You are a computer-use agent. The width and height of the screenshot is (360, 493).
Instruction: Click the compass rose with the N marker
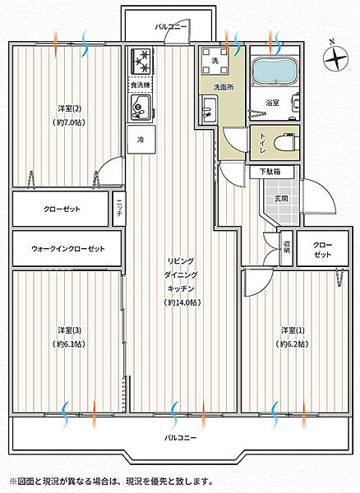coord(336,58)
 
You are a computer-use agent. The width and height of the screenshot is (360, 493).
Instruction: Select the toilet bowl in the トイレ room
coord(285,143)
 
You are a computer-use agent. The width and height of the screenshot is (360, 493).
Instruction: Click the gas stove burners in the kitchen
coord(141,62)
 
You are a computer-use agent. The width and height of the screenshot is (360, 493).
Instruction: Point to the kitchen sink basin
coord(141,107)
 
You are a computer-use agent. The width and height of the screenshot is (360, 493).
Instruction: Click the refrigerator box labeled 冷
coord(141,140)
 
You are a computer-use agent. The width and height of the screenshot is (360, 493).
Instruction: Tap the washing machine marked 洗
coord(215,61)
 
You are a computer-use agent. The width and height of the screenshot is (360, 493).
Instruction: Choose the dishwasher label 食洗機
coord(141,85)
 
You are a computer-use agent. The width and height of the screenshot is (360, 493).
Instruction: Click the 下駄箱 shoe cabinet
coord(272,172)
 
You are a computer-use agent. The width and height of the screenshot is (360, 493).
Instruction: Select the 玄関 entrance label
coord(281,199)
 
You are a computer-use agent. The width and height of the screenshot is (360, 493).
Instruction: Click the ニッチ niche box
coord(119,209)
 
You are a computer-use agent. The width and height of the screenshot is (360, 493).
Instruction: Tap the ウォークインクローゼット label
coord(68,249)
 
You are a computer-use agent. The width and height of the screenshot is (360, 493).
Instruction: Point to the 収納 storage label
coord(286,247)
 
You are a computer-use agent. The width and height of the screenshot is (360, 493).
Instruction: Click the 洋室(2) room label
coord(70,108)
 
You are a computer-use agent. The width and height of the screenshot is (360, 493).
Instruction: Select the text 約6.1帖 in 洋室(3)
coord(69,344)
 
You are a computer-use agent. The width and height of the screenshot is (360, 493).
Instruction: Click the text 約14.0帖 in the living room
coord(181,302)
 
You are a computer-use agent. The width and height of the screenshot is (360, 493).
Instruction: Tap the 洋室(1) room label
coord(293,330)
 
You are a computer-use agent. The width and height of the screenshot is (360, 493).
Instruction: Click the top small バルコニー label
coord(171,27)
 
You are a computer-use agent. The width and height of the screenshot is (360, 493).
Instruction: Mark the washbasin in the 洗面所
coord(209,110)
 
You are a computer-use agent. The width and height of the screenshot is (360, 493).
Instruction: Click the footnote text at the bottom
coord(112,481)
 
